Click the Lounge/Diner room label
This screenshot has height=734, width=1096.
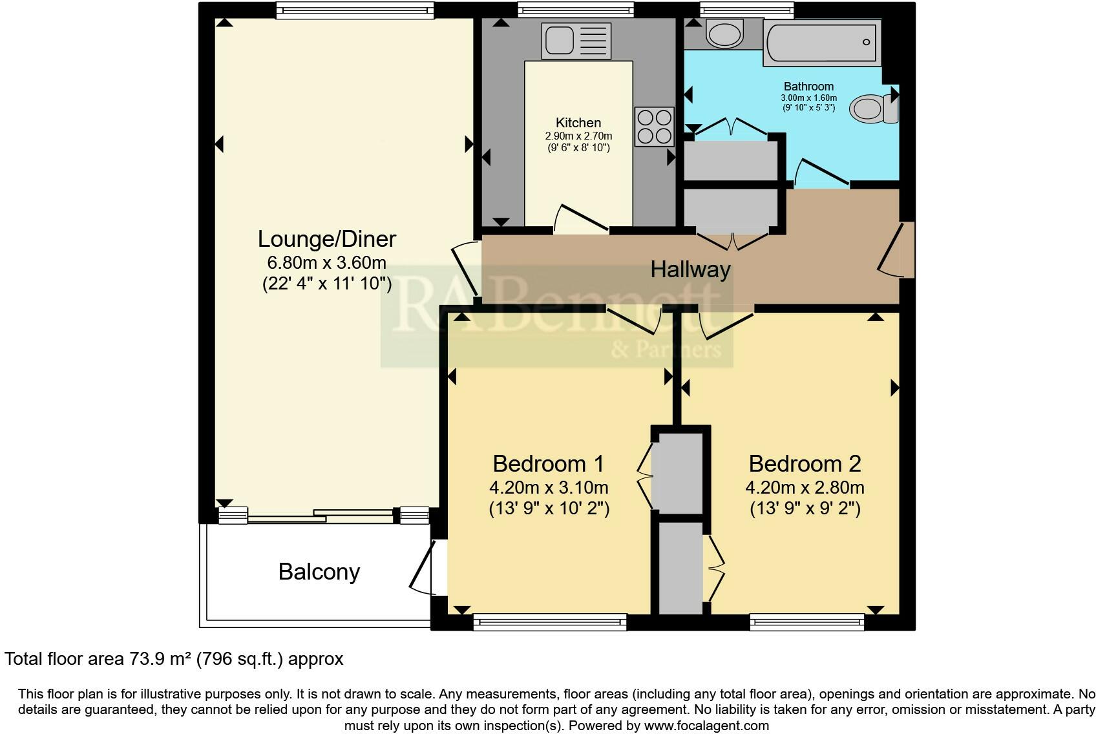[x=326, y=239]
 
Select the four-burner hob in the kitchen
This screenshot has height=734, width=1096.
[x=654, y=127]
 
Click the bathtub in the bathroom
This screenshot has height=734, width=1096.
[x=821, y=43]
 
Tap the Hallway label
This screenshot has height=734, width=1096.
[x=690, y=269]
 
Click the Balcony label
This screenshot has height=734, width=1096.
[x=319, y=572]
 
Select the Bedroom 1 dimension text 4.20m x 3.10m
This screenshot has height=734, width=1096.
[x=549, y=487]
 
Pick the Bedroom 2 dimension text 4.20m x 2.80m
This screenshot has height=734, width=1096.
[x=805, y=487]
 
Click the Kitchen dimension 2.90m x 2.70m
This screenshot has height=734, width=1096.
[x=578, y=136]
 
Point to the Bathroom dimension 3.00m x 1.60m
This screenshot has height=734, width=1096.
[x=808, y=98]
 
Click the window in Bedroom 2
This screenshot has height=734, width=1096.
[x=806, y=622]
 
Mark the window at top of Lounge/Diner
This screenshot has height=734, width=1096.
[x=355, y=10]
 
